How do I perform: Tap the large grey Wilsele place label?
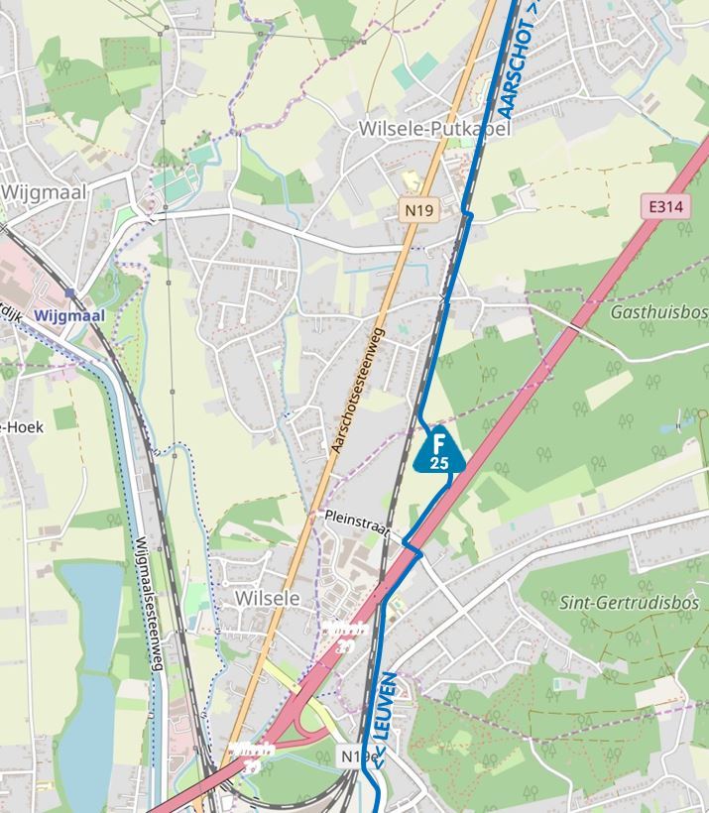(x=268, y=598)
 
